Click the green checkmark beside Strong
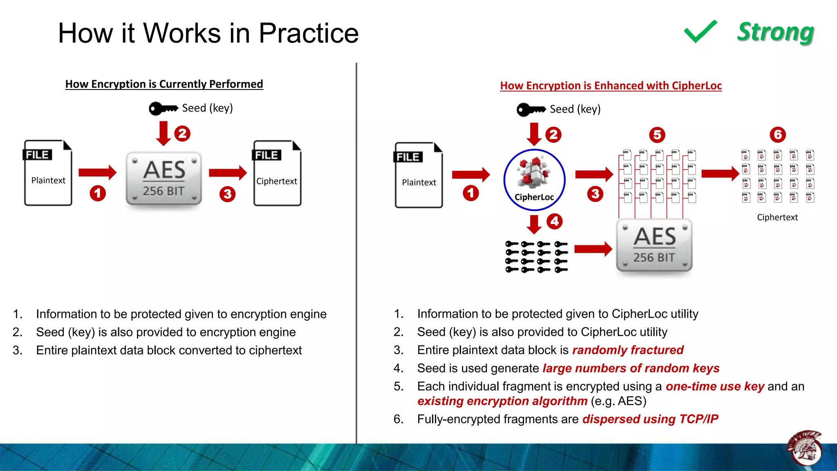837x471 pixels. click(x=700, y=31)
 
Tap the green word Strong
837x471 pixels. click(x=775, y=32)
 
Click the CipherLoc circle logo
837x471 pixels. click(x=534, y=180)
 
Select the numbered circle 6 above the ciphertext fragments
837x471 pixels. click(x=778, y=135)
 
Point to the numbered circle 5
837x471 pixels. click(x=657, y=135)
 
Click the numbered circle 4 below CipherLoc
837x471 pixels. click(x=555, y=221)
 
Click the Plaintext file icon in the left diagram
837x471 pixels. click(x=48, y=173)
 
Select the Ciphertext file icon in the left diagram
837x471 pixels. click(x=277, y=173)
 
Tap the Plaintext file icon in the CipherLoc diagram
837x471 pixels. click(x=418, y=175)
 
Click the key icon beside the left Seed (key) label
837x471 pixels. click(x=163, y=108)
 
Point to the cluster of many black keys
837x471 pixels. click(x=536, y=257)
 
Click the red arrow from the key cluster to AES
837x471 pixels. click(x=593, y=249)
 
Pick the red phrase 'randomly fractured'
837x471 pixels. click(x=628, y=350)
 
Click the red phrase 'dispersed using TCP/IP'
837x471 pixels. click(x=650, y=419)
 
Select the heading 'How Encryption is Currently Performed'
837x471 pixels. click(x=164, y=84)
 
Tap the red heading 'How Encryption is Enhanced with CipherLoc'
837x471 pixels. click(x=611, y=85)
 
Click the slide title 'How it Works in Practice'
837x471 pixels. click(x=208, y=33)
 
